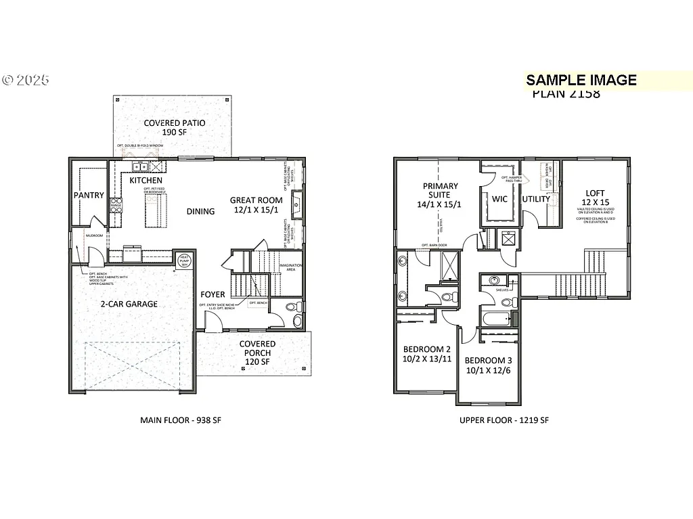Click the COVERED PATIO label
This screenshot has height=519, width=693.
174,123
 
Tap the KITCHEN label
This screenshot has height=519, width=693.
146,181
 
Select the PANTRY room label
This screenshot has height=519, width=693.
89,196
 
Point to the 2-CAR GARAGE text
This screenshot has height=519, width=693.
129,304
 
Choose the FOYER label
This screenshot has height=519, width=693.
213,295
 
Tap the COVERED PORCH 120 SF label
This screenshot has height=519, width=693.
257,353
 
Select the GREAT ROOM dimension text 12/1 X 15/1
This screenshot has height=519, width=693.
256,210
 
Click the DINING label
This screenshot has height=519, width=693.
200,211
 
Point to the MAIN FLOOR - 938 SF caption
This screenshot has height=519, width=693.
181,420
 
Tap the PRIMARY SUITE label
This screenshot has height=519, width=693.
440,191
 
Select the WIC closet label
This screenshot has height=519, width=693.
499,199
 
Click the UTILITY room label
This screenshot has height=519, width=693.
536,199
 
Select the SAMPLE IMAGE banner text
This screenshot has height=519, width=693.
581,81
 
